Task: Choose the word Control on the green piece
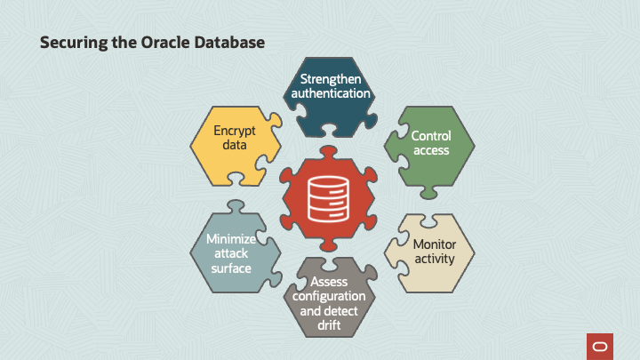[431, 136]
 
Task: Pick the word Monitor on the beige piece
[435, 244]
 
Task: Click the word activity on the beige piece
[435, 259]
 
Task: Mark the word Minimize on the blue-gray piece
[231, 239]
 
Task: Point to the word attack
[231, 253]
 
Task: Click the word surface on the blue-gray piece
[231, 268]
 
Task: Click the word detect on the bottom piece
[343, 311]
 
